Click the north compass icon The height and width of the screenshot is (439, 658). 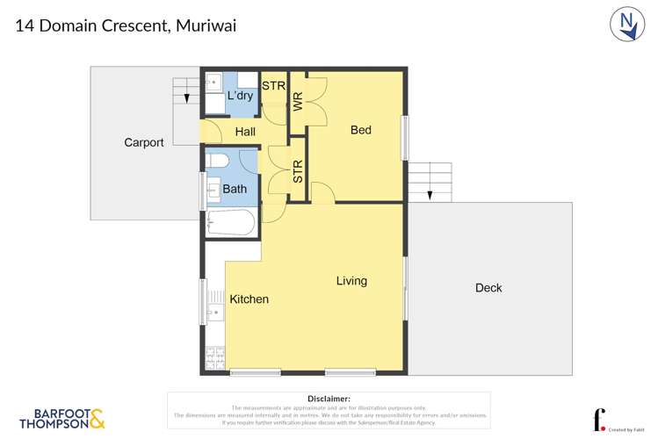[627, 25]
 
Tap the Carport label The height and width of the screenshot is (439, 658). [143, 142]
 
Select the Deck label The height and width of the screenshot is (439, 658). [488, 288]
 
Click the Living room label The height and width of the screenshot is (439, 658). [351, 281]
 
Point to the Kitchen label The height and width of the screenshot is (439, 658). [249, 299]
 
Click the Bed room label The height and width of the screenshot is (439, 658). [360, 130]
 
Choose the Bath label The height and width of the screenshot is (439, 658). [235, 189]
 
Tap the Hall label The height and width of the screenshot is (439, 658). [245, 132]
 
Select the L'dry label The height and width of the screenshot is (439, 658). [240, 95]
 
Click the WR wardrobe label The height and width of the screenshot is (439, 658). [298, 101]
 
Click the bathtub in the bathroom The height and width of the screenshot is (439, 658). [231, 223]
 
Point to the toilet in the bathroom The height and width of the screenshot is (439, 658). [218, 161]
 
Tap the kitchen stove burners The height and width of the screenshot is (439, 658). [214, 357]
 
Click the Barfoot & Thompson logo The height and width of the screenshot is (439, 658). [61, 419]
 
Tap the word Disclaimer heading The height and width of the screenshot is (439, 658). [329, 399]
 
